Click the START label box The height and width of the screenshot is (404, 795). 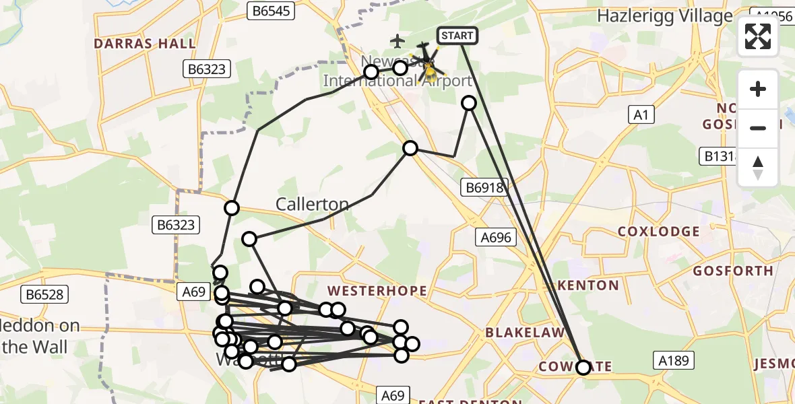pos(457,35)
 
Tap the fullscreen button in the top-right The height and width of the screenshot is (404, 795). pos(758,36)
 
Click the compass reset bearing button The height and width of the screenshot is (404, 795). pos(758,168)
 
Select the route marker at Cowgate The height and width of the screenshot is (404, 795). pos(583,367)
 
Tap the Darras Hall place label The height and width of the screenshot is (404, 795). pos(145,44)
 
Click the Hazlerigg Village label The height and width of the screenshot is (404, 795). pos(665,16)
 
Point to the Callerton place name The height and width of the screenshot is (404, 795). pos(313,204)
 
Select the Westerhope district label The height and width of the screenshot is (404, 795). pos(377,291)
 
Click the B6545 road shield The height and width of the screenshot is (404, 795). pos(272,11)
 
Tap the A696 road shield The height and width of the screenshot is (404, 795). pos(497,237)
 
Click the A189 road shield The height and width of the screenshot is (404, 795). pos(674,361)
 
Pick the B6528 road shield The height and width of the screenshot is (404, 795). pos(45,294)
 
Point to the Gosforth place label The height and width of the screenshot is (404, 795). pos(733,271)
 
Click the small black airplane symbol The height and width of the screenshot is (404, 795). pos(397,42)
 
